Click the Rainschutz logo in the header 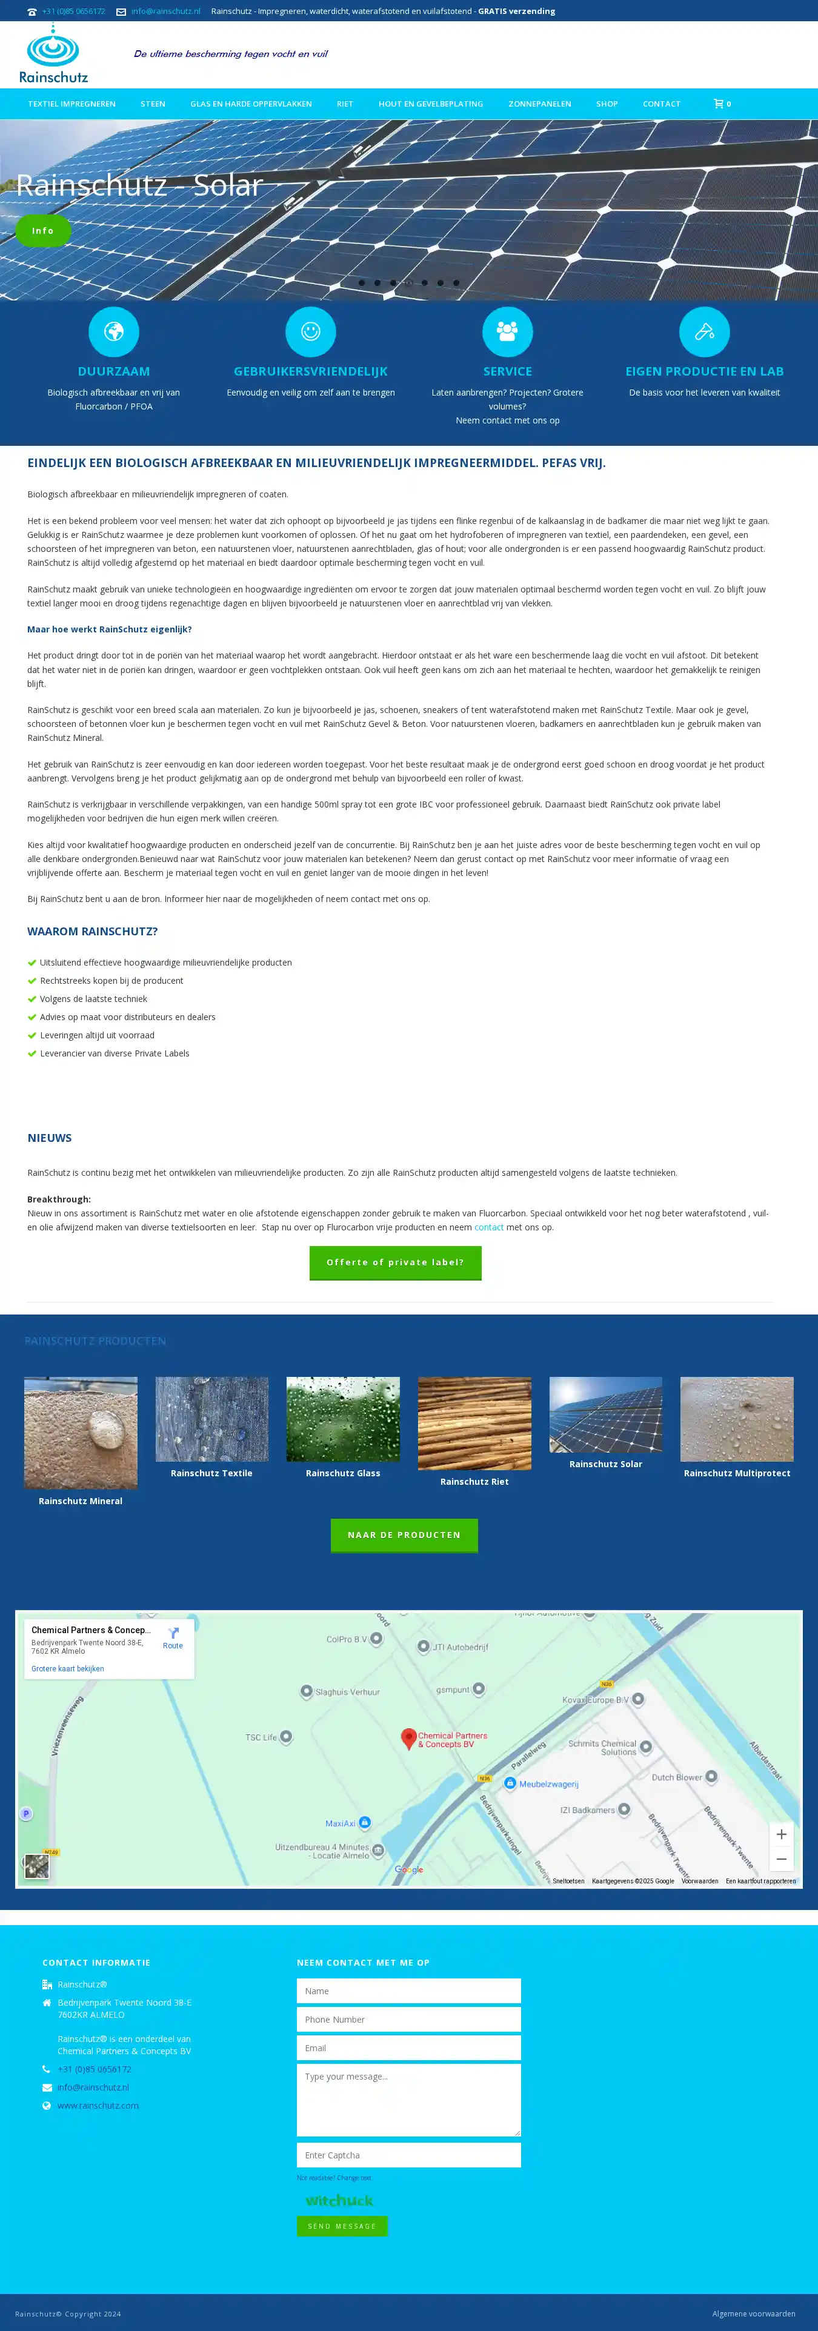tap(53, 55)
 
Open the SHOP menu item tap(607, 104)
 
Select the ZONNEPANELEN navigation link tap(539, 104)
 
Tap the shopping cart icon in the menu tap(719, 104)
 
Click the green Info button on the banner tap(42, 231)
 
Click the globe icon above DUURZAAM tap(114, 332)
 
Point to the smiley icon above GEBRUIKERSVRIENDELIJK tap(310, 332)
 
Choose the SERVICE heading tap(508, 371)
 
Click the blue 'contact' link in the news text tap(488, 1227)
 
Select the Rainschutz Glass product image tap(343, 1419)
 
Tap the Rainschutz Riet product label tap(474, 1481)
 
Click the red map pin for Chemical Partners tap(409, 1737)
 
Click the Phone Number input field tap(408, 2019)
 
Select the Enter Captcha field tap(408, 2155)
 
